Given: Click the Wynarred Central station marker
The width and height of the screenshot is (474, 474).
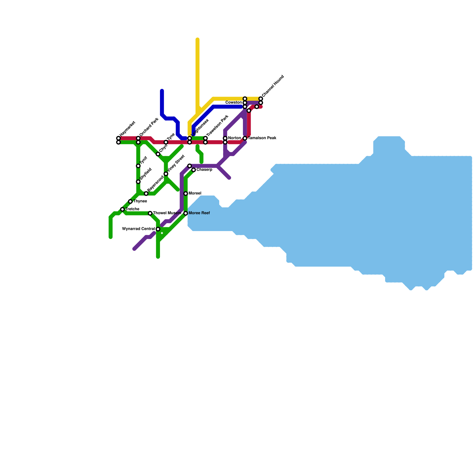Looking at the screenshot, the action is (158, 229).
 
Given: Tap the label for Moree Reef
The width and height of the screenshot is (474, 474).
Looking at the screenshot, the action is (199, 213).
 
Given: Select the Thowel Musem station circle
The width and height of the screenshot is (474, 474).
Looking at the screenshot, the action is (150, 213).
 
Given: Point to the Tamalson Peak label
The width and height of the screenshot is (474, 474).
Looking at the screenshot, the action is (262, 138).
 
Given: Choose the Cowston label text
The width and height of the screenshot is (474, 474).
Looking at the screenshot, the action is (233, 103).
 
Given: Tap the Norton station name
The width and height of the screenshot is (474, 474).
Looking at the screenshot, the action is (234, 138).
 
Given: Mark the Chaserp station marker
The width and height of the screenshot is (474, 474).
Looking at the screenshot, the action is (193, 170).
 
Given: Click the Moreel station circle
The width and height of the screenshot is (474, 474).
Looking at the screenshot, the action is (186, 193).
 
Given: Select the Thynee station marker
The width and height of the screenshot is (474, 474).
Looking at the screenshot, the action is (130, 201).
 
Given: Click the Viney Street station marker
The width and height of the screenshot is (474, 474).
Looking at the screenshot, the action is (166, 174).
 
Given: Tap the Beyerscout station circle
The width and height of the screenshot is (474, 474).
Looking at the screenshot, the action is (146, 193).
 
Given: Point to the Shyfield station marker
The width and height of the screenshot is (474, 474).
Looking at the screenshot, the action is (138, 182).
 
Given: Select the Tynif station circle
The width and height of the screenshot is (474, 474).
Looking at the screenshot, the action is (138, 166).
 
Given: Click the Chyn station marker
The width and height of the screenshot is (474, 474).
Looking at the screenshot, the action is (158, 154).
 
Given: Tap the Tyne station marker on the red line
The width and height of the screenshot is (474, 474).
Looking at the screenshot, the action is (166, 142).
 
